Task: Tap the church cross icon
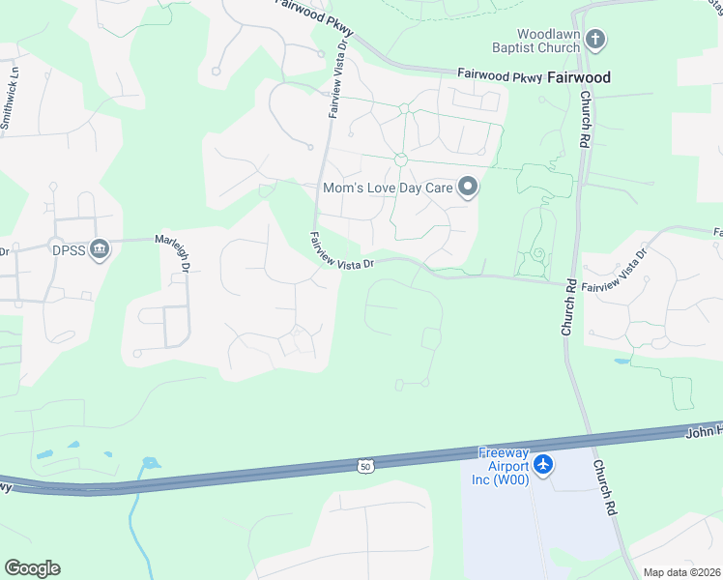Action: click(x=596, y=40)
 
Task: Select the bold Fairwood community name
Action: click(x=580, y=77)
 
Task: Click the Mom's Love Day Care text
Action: click(x=388, y=188)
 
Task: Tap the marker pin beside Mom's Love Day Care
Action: click(x=468, y=187)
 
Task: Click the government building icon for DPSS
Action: click(x=99, y=250)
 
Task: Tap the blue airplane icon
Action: click(x=543, y=465)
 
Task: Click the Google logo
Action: click(x=32, y=567)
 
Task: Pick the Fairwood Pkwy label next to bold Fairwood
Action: click(x=499, y=75)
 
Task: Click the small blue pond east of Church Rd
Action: click(x=620, y=362)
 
